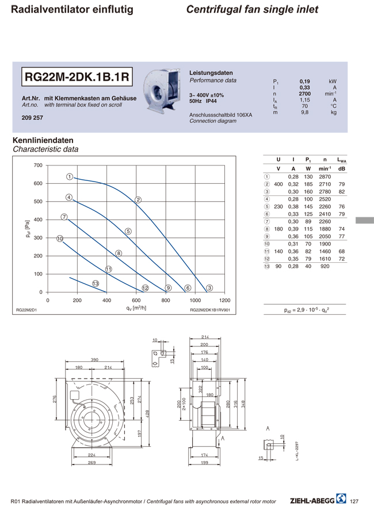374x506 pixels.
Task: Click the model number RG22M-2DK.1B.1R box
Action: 77,76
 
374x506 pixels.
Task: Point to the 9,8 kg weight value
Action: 305,112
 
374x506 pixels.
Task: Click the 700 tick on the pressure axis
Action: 37,165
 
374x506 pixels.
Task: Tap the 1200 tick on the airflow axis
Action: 225,300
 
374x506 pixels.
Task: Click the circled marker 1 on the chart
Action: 68,176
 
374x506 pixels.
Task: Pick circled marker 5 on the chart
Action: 128,231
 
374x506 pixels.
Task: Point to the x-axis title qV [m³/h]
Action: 136,308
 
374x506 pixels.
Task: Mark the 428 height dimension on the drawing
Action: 148,414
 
